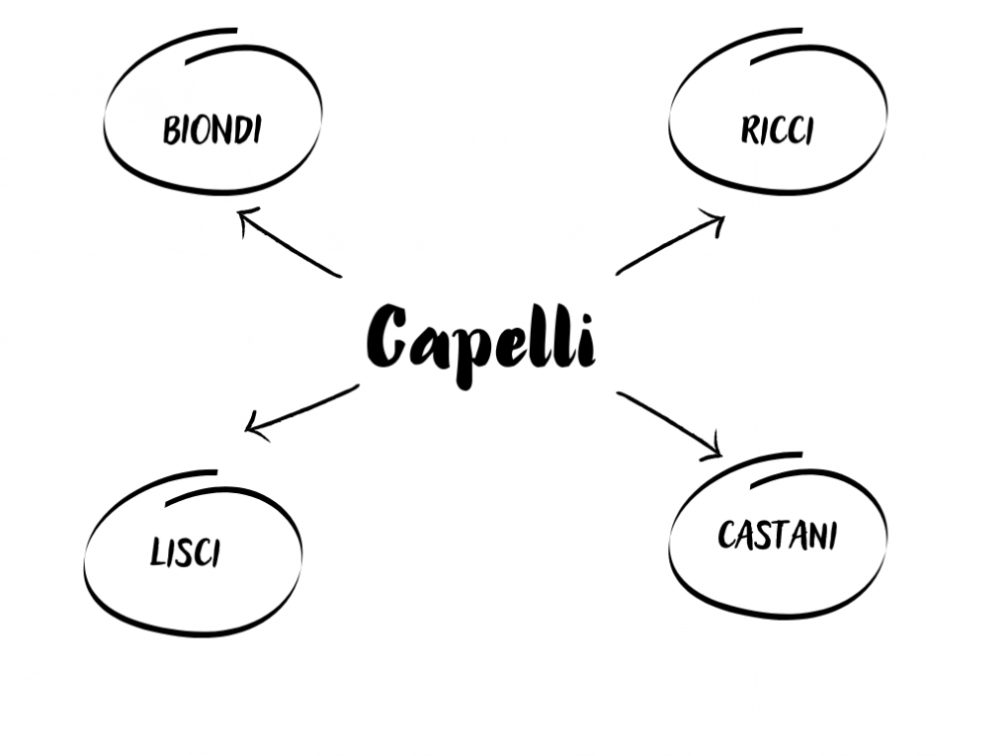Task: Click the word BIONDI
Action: pos(212,129)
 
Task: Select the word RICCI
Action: pos(777,129)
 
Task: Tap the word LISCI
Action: pos(185,552)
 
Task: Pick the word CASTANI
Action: pos(777,535)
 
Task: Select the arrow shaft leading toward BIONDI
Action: pos(290,243)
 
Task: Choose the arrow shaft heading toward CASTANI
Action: pos(669,424)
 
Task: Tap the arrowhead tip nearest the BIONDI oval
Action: pos(239,211)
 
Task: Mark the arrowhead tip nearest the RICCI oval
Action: pos(724,218)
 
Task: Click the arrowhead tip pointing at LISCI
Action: pos(246,430)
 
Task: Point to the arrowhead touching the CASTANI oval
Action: pos(721,456)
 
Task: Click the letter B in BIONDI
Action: pos(171,130)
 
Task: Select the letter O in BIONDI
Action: pos(203,130)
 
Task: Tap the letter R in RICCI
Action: pos(749,129)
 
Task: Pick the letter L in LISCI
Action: pos(157,552)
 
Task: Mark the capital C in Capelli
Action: pos(386,336)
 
